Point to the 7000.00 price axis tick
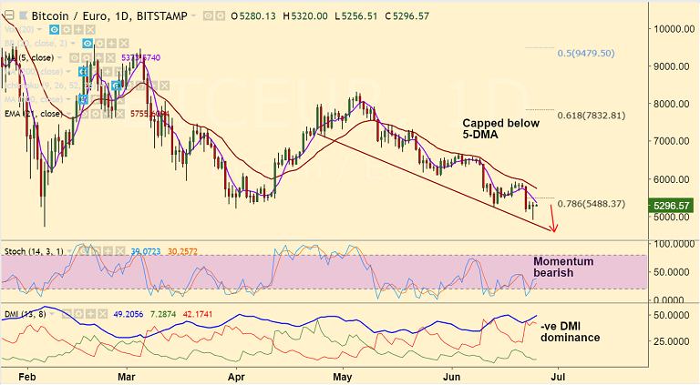[x=673, y=141]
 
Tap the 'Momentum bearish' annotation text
[x=563, y=268]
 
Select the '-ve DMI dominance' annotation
[x=570, y=331]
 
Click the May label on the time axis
[x=342, y=374]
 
